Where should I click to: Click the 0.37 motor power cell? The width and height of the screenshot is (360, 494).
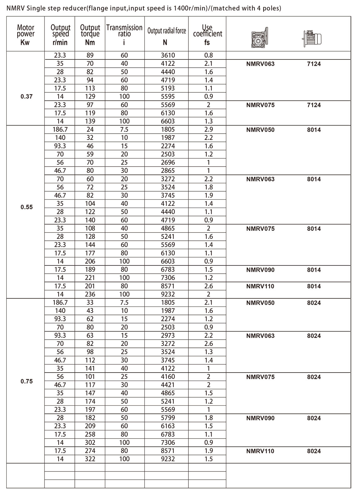[x=27, y=96]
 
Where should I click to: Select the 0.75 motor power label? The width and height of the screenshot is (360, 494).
[x=27, y=381]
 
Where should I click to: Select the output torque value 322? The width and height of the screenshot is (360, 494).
[x=90, y=459]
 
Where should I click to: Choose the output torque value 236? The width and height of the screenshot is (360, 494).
[x=90, y=294]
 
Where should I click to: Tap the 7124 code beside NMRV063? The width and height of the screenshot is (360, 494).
[x=314, y=64]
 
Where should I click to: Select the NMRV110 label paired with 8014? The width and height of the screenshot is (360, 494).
[x=260, y=286]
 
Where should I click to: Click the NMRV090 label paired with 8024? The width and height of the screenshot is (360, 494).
[x=260, y=418]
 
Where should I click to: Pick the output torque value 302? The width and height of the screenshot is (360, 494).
[x=90, y=443]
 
